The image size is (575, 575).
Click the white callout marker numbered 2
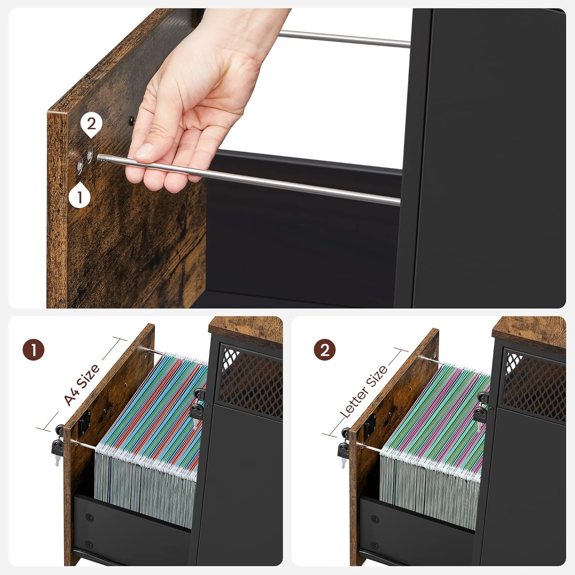coord(91,125)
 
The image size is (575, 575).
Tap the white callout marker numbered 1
coord(80,196)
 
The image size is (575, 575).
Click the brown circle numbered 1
coord(33,350)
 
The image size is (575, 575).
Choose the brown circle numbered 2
coord(325,350)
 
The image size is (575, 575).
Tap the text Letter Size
coord(364,391)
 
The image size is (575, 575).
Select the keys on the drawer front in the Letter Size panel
coord(343,448)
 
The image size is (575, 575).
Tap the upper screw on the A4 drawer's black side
coord(89,517)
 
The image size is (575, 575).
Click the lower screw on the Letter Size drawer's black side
coord(375,545)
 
